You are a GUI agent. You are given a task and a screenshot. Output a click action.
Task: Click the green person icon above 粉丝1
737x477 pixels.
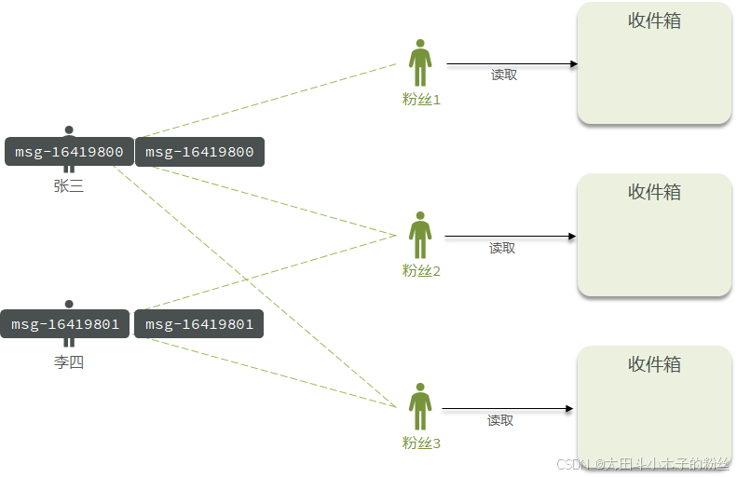pyautogui.click(x=420, y=62)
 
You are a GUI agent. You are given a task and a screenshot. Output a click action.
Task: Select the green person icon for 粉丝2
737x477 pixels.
pyautogui.click(x=420, y=235)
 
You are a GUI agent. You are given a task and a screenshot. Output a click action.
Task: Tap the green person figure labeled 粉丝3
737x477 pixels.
pyautogui.click(x=420, y=406)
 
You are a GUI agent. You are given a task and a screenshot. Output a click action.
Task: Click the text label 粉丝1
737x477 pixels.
pyautogui.click(x=421, y=100)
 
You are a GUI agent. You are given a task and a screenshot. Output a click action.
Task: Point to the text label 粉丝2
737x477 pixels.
pyautogui.click(x=421, y=271)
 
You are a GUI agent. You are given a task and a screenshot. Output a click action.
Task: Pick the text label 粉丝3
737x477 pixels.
pyautogui.click(x=421, y=443)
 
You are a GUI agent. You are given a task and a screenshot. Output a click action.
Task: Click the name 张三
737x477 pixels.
pyautogui.click(x=69, y=186)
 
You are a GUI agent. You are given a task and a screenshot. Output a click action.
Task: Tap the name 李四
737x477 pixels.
pyautogui.click(x=69, y=362)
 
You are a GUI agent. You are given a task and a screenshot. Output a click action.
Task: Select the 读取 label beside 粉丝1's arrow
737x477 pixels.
pyautogui.click(x=504, y=75)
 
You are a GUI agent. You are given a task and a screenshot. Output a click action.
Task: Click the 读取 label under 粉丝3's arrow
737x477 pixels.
pyautogui.click(x=500, y=420)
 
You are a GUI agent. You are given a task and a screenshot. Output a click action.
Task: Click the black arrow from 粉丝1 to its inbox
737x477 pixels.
pyautogui.click(x=512, y=64)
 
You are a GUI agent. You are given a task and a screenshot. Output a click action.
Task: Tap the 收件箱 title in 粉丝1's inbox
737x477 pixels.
pyautogui.click(x=654, y=20)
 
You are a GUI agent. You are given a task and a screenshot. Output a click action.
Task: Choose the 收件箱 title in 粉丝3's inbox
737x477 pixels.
pyautogui.click(x=654, y=364)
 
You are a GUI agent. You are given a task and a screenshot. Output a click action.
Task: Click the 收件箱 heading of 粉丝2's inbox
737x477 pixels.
pyautogui.click(x=654, y=192)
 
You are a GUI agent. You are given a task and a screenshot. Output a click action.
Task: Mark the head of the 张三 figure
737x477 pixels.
pyautogui.click(x=69, y=129)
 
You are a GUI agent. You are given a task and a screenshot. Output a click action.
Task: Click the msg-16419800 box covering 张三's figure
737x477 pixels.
pyautogui.click(x=69, y=152)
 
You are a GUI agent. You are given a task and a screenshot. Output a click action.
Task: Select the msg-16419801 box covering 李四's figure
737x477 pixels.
pyautogui.click(x=66, y=324)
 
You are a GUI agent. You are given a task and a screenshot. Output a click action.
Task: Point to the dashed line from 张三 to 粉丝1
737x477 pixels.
pyautogui.click(x=270, y=100)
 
